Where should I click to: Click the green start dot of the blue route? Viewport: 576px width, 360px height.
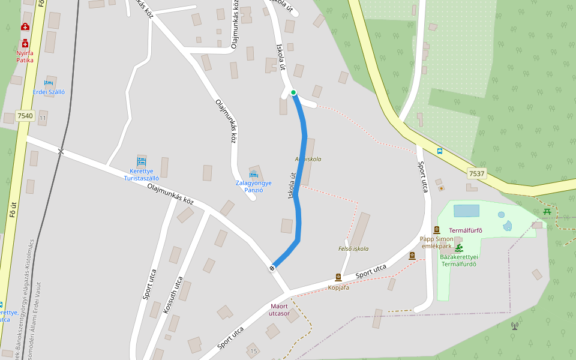pos(293,92)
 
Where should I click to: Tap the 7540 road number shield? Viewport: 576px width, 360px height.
pos(25,116)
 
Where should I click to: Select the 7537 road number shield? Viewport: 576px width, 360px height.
pos(476,173)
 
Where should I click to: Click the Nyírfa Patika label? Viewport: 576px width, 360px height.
pos(25,56)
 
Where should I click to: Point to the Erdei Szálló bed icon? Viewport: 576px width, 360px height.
pos(49,83)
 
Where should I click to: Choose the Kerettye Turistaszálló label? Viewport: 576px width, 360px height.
pos(141,175)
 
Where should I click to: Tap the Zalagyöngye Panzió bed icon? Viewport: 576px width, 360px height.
pos(253,175)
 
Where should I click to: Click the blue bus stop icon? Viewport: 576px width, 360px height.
pos(440,151)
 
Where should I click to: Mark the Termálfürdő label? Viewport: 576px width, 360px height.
pos(466,230)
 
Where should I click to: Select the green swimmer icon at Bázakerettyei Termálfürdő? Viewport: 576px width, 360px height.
pos(458,248)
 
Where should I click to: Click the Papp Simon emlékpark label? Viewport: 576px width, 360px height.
pos(436,242)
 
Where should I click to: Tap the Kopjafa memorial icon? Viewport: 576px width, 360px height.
pos(338,277)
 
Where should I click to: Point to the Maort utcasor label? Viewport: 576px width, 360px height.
pos(280,310)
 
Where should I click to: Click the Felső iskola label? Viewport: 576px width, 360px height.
pos(353,248)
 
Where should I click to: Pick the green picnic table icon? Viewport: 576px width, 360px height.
pos(547,211)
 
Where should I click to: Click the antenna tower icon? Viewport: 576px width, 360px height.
pos(514,326)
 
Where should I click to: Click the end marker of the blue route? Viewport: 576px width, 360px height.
pos(273,268)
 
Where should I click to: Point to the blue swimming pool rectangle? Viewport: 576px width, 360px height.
pos(467,211)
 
